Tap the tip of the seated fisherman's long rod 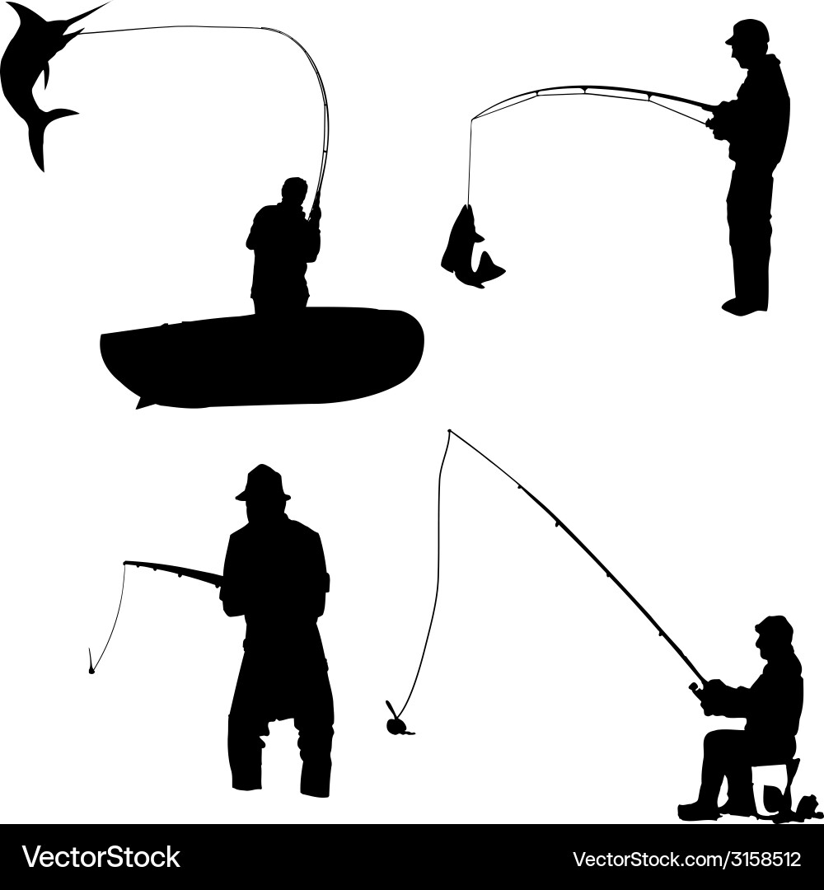(x=449, y=430)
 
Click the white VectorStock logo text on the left (x=101, y=857)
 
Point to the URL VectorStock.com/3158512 (x=686, y=859)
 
